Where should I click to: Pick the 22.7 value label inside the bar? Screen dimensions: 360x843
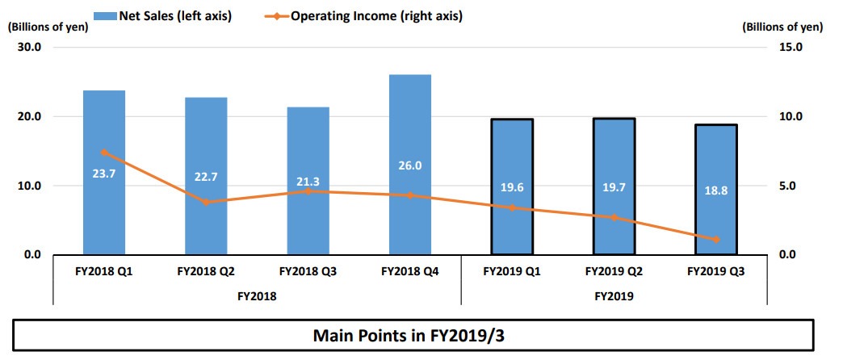[206, 178]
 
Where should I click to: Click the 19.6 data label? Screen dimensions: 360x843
[512, 187]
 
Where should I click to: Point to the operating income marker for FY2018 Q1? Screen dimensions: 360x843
[104, 153]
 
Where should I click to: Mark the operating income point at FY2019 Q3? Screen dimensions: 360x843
[716, 240]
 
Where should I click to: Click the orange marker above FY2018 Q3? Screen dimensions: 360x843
[308, 191]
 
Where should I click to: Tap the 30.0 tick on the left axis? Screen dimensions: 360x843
[29, 48]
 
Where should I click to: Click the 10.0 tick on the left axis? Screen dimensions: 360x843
[29, 186]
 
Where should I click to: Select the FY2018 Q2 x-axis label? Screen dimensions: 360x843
[206, 272]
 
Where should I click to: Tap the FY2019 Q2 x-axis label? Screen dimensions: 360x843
[614, 272]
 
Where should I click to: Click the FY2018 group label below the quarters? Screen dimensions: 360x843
[257, 296]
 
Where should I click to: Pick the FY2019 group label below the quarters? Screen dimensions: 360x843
[614, 296]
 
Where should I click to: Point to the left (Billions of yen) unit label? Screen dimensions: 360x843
[48, 27]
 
